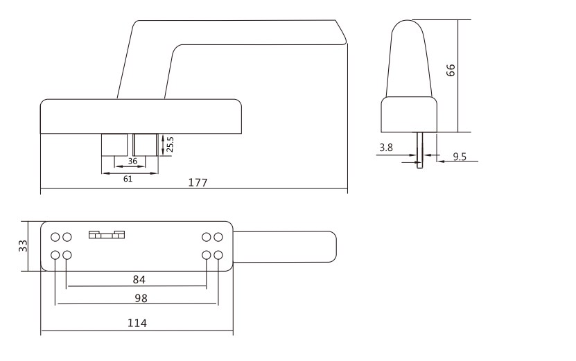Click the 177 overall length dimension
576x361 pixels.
click(198, 183)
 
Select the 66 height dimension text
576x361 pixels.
click(451, 71)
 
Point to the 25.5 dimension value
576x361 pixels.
click(170, 144)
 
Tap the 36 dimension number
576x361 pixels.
click(132, 161)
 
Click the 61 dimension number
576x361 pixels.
click(128, 179)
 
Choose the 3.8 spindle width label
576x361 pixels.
click(387, 148)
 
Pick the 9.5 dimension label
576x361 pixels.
click(459, 157)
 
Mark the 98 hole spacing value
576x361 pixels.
click(141, 299)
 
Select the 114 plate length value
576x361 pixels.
click(137, 323)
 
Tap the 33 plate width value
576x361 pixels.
click(24, 245)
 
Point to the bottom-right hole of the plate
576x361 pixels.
click(218, 256)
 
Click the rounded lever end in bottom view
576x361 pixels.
click(331, 246)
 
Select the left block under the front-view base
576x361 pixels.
click(114, 145)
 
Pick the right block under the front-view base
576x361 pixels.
click(146, 145)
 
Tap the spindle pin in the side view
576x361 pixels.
click(419, 150)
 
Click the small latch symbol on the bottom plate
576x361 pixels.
click(107, 235)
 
